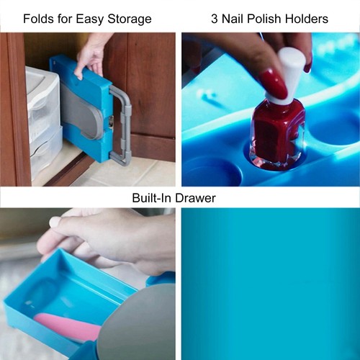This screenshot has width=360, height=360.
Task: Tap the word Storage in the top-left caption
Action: click(130, 19)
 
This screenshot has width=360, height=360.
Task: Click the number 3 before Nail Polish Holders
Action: click(215, 19)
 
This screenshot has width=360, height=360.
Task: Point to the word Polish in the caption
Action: click(264, 19)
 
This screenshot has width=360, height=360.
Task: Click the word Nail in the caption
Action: click(233, 19)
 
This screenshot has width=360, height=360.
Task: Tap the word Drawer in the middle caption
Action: click(195, 198)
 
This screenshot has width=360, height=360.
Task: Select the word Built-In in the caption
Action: click(152, 198)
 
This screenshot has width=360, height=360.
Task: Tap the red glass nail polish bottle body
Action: click(277, 133)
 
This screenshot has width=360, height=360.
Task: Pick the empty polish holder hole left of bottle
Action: click(211, 171)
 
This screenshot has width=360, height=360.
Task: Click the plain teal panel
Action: click(271, 284)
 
